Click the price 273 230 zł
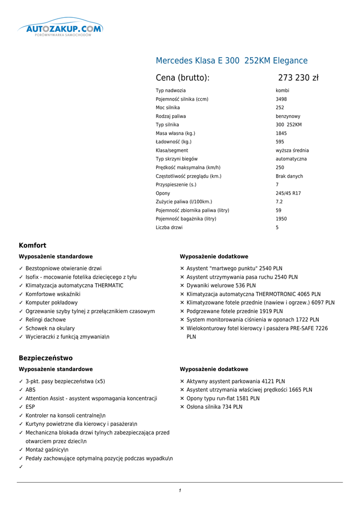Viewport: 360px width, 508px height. click(x=298, y=78)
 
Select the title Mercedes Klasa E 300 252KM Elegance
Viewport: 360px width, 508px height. click(x=231, y=61)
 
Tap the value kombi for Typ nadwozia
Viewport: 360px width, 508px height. click(x=283, y=91)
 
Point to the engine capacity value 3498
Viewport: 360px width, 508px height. click(x=281, y=99)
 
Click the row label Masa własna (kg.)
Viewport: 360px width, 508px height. click(x=175, y=133)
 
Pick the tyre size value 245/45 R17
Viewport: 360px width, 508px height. click(x=288, y=193)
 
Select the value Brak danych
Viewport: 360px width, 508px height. click(x=289, y=176)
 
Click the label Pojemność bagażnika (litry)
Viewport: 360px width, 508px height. click(x=186, y=219)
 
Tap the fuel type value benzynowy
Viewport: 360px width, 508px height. click(x=288, y=116)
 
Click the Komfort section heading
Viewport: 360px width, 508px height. click(x=32, y=246)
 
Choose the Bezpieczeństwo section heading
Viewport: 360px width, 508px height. click(x=46, y=358)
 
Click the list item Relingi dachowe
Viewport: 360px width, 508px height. click(x=46, y=320)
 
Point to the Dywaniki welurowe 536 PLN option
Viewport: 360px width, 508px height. click(x=221, y=286)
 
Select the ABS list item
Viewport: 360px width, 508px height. click(x=30, y=390)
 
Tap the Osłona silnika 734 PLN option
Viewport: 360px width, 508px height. click(x=215, y=407)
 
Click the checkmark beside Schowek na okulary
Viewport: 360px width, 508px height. click(x=21, y=328)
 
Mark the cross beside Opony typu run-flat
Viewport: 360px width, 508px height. click(x=182, y=398)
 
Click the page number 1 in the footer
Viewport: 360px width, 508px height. click(x=180, y=491)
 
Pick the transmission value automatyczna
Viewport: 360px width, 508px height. click(x=291, y=159)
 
